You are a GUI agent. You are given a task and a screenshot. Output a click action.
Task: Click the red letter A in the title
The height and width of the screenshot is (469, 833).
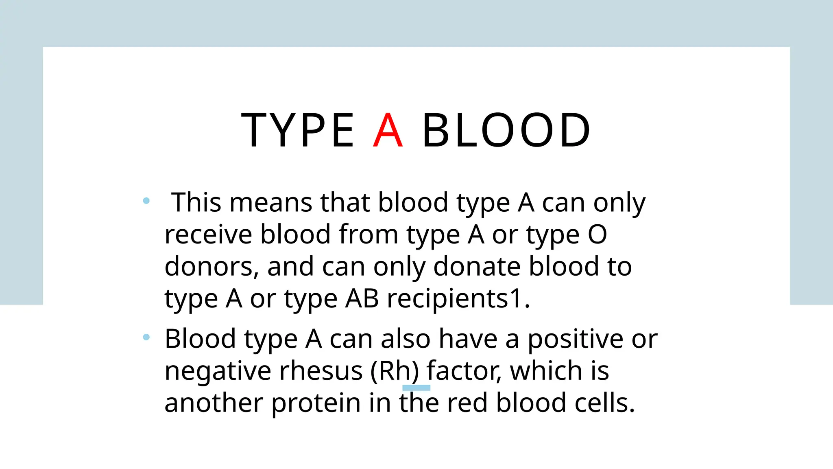coord(388,131)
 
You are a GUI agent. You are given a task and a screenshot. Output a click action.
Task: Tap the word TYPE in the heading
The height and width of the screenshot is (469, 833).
coord(298,131)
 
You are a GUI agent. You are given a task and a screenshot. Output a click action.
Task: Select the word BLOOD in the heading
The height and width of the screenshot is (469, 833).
coord(506,131)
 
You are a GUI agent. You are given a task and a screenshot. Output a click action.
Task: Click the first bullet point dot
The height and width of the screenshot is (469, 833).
coord(146,201)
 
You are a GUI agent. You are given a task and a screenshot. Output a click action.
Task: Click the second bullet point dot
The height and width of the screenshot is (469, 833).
coord(146,337)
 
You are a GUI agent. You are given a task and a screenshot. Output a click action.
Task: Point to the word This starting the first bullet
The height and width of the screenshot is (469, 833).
coord(196,202)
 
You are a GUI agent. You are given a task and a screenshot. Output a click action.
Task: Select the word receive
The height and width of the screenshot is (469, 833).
coord(208,235)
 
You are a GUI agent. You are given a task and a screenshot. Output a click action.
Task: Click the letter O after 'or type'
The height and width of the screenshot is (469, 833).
coord(597,235)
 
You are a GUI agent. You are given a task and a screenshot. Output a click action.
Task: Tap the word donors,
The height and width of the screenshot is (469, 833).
coord(212,267)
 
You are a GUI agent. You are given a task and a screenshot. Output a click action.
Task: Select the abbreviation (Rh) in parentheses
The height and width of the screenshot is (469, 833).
coord(394,371)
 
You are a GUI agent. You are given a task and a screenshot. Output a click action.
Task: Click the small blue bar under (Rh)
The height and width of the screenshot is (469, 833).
coord(416,388)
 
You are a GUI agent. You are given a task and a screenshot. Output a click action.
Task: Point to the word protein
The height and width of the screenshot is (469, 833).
coord(316,403)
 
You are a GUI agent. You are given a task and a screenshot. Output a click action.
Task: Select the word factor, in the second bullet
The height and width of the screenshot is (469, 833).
coord(464,371)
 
